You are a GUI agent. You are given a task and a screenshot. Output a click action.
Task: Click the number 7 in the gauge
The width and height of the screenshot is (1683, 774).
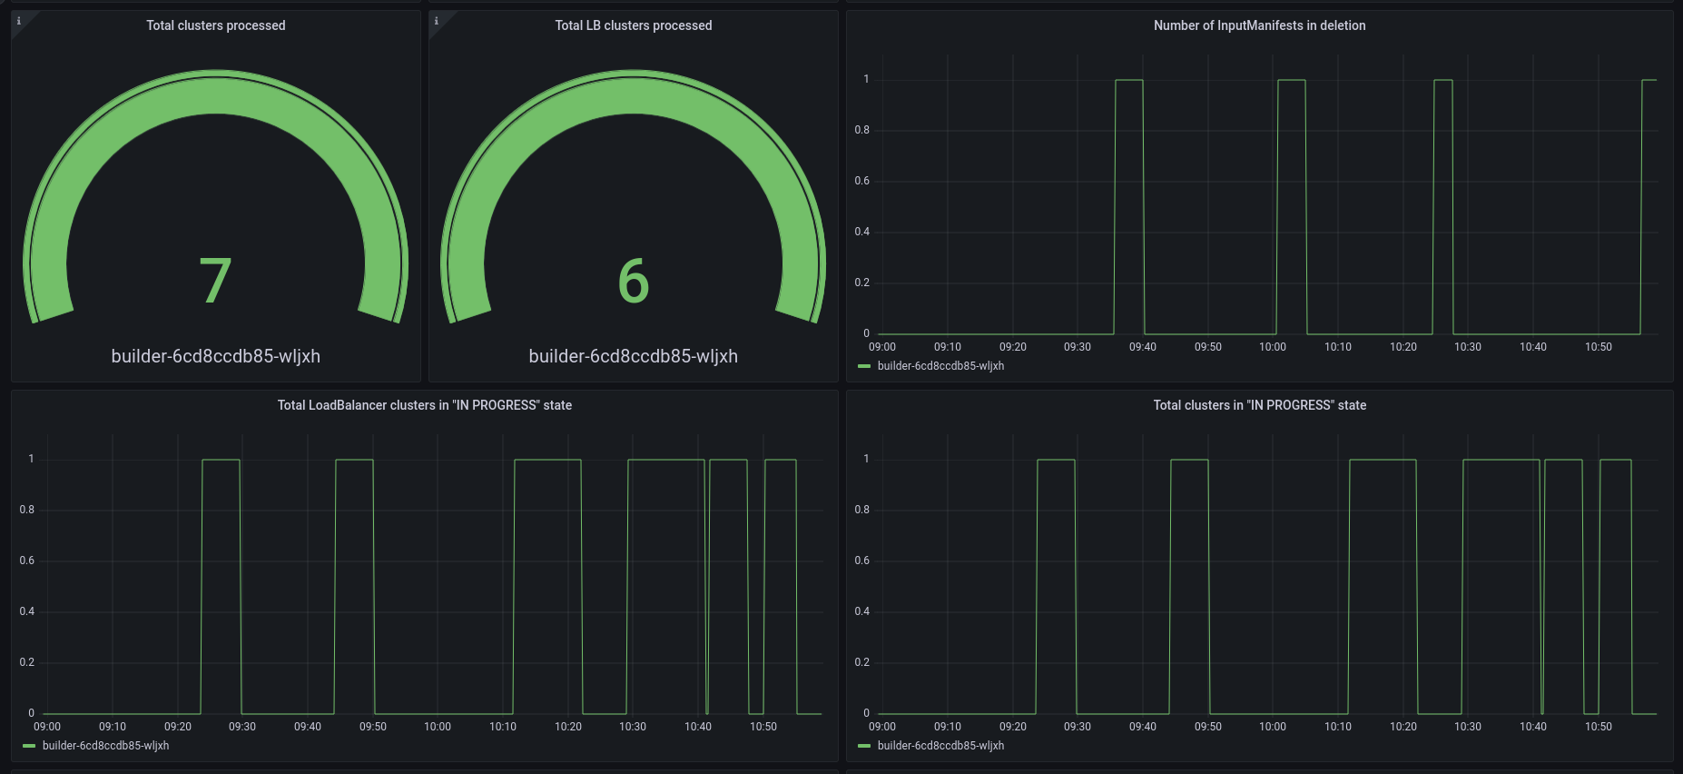pyautogui.click(x=216, y=280)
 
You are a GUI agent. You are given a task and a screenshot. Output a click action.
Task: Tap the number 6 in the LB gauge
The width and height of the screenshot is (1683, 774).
pyautogui.click(x=634, y=280)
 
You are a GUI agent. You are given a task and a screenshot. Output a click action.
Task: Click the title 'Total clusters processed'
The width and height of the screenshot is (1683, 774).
pyautogui.click(x=216, y=25)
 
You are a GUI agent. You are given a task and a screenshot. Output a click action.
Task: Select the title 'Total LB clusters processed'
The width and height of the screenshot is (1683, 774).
pyautogui.click(x=634, y=25)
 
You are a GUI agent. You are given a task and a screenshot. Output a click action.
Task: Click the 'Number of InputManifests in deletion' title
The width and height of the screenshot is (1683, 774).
pyautogui.click(x=1259, y=25)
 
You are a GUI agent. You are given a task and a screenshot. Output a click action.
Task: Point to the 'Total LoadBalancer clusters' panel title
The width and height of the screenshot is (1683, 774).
pyautogui.click(x=424, y=405)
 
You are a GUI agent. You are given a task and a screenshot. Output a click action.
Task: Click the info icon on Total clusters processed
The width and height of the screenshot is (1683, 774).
pyautogui.click(x=19, y=21)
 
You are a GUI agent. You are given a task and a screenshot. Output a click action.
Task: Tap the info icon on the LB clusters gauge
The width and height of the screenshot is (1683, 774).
pyautogui.click(x=437, y=21)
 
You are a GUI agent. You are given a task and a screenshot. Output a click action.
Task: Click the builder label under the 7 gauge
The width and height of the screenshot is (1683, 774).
pyautogui.click(x=216, y=356)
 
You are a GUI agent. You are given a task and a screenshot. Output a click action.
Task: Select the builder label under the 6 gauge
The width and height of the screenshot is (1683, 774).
pyautogui.click(x=634, y=356)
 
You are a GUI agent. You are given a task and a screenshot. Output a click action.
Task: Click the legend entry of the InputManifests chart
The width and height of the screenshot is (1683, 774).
pyautogui.click(x=940, y=366)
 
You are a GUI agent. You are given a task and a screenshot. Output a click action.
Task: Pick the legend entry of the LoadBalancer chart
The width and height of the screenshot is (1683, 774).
pyautogui.click(x=105, y=746)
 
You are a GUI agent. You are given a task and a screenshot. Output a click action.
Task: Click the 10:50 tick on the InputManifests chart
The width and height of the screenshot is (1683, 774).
pyautogui.click(x=1599, y=347)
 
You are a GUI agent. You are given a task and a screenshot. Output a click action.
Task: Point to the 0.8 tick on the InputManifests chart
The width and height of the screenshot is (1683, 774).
pyautogui.click(x=861, y=130)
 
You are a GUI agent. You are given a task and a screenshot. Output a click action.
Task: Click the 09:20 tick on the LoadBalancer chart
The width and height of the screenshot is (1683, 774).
pyautogui.click(x=178, y=727)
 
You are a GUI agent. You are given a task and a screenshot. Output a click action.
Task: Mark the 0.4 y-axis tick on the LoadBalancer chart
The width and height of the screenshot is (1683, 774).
pyautogui.click(x=27, y=611)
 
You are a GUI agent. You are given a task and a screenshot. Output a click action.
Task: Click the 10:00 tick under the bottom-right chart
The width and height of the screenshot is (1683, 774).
pyautogui.click(x=1273, y=727)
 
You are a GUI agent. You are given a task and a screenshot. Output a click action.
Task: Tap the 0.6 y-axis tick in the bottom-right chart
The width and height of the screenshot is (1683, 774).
pyautogui.click(x=861, y=561)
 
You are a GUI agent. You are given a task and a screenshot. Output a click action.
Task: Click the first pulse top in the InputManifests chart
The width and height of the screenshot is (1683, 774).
pyautogui.click(x=1129, y=80)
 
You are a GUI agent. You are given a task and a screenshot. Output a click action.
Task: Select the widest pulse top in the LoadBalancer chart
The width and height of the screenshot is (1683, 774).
pyautogui.click(x=665, y=460)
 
